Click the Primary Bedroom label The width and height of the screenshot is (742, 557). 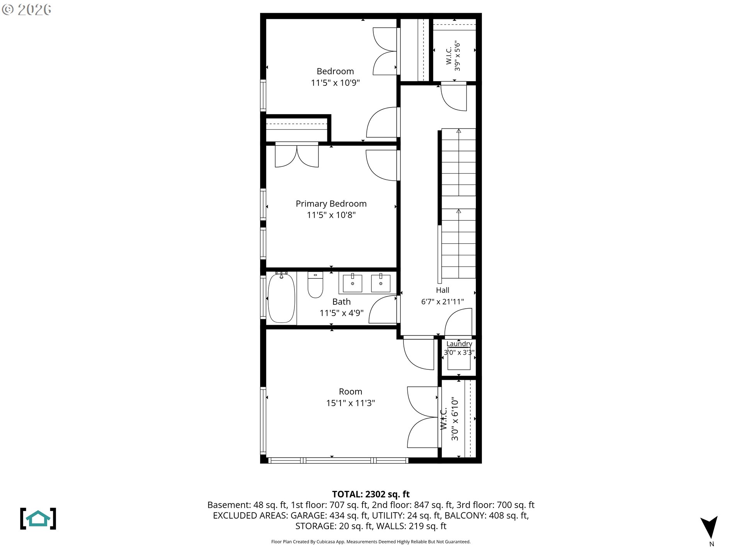331,203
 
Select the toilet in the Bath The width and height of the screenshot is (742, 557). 315,285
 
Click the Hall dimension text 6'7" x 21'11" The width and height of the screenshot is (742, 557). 442,302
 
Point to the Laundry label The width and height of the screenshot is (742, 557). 459,343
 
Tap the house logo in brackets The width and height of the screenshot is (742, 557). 38,518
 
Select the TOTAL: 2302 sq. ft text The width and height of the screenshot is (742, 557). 371,494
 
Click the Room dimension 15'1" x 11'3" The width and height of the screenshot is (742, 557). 351,403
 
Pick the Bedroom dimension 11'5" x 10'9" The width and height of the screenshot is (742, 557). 335,83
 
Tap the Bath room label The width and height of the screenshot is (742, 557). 342,301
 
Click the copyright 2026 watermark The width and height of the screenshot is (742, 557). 26,10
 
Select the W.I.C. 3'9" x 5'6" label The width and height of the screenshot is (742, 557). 453,56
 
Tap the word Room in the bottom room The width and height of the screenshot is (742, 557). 351,391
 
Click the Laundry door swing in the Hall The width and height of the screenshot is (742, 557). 458,322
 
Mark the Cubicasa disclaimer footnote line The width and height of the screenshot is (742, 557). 371,542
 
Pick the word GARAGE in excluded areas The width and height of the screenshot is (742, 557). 308,515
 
